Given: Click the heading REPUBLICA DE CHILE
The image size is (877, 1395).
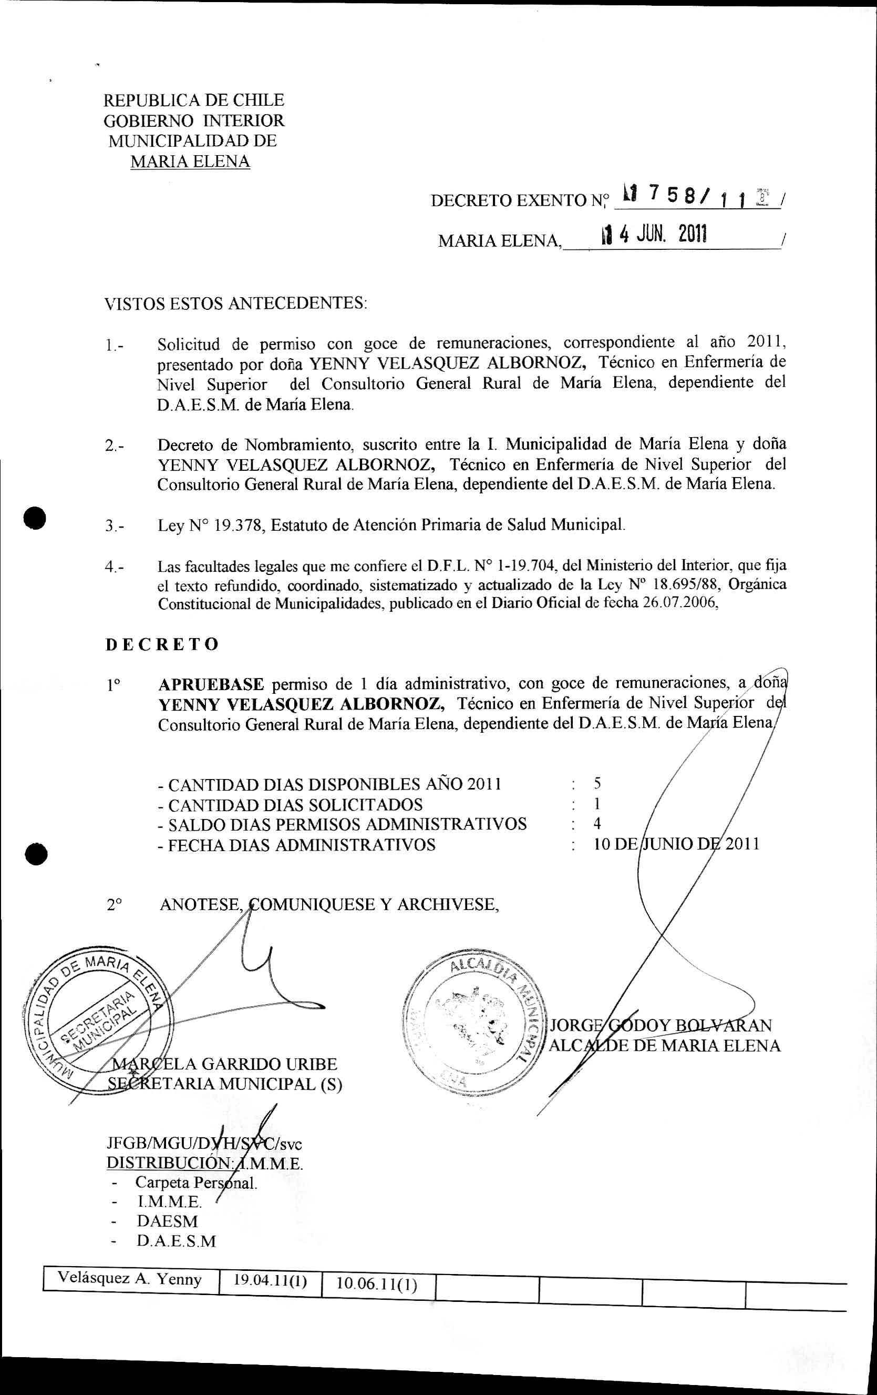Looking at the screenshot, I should (x=193, y=100).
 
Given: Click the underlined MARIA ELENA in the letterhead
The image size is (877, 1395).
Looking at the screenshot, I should (x=190, y=161).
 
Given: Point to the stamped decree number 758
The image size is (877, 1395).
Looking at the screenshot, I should (x=672, y=198).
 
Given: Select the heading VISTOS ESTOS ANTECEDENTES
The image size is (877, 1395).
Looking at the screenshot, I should (x=235, y=303).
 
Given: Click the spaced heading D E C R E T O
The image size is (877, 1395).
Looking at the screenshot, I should (x=162, y=644).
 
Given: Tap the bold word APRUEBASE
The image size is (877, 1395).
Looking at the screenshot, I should (x=211, y=684).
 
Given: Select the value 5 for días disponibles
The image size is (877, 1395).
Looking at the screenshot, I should (x=597, y=784).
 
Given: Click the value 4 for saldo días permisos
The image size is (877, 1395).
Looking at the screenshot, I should (x=597, y=823).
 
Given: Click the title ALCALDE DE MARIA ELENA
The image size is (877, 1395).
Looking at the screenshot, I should (x=664, y=1046).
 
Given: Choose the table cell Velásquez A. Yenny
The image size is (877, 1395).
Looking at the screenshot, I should (x=130, y=1279).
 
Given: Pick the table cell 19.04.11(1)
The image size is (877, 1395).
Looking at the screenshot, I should (x=269, y=1279).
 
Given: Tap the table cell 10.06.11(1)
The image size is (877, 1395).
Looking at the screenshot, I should (x=376, y=1283).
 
